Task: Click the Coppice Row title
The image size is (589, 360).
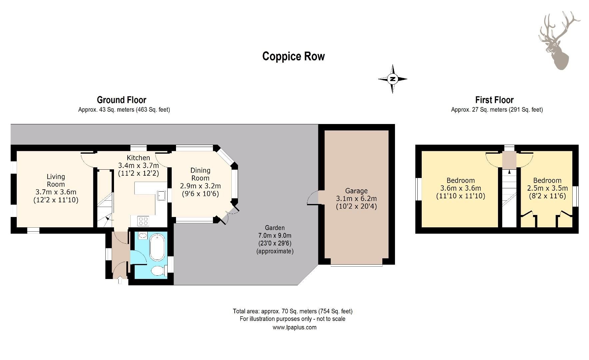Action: click(x=293, y=56)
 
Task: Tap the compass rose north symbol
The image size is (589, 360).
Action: click(x=393, y=79)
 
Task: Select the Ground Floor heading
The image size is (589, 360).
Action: click(x=121, y=100)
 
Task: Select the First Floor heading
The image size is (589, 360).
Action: click(x=494, y=100)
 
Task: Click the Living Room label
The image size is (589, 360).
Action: click(x=56, y=180)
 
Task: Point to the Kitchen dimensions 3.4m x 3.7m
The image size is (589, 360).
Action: click(x=138, y=165)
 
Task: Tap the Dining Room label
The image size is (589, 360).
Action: click(x=200, y=174)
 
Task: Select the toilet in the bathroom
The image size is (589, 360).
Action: click(x=158, y=271)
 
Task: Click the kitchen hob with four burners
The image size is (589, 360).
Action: click(x=143, y=221)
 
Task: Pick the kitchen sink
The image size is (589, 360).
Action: click(x=162, y=195)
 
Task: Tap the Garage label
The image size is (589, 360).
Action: click(x=356, y=191)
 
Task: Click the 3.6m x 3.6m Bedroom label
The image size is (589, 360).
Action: click(x=460, y=188)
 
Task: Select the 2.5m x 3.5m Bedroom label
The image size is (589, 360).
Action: click(x=547, y=188)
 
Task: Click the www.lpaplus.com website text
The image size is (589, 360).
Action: click(x=294, y=327)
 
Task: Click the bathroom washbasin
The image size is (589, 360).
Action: click(x=143, y=235)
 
